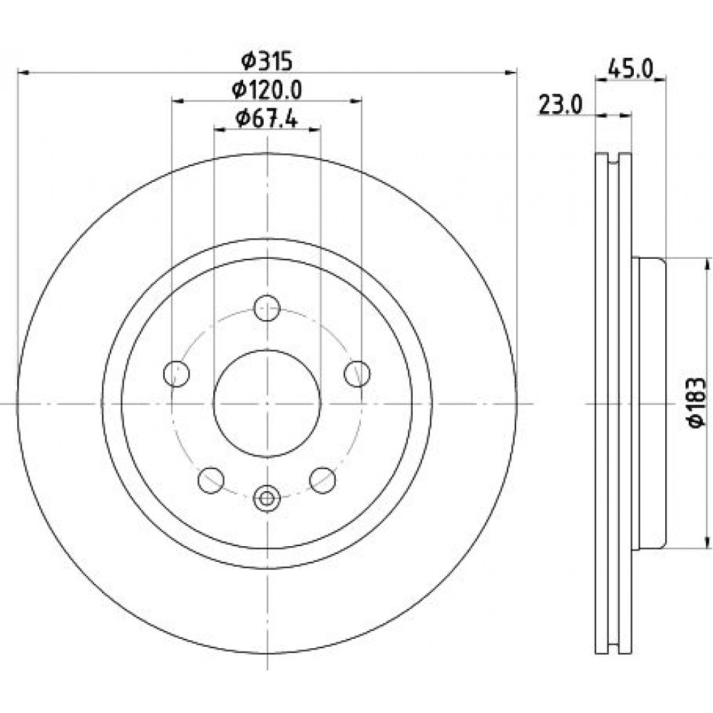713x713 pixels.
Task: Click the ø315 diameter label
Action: tap(267, 61)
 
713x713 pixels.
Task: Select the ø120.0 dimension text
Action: tap(267, 90)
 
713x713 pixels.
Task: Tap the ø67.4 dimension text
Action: tap(267, 119)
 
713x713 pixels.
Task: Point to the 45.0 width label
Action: tap(630, 69)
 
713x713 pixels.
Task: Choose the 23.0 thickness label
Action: tap(560, 105)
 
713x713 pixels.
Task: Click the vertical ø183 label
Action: tap(696, 402)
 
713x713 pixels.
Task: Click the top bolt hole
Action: tap(267, 308)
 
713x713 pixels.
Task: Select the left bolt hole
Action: tap(176, 374)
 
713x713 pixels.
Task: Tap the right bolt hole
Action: tap(357, 374)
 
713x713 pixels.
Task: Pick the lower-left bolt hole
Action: tap(212, 480)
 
